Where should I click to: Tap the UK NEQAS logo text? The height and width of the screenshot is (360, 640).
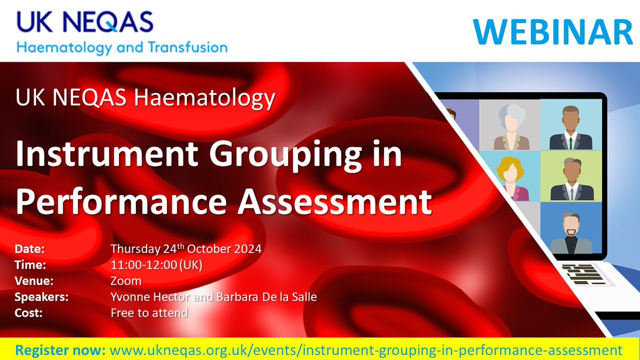(85, 22)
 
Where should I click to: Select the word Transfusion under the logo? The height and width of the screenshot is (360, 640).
(184, 47)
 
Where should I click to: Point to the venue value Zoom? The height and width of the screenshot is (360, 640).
(126, 281)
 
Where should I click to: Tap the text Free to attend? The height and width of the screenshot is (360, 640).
(149, 313)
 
